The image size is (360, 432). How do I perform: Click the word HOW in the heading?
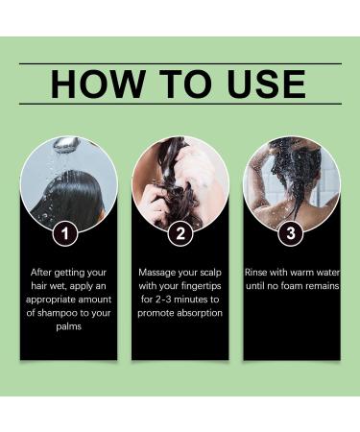click(x=98, y=84)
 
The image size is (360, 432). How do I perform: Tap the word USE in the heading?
click(x=267, y=84)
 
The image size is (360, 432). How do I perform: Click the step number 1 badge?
click(x=65, y=233)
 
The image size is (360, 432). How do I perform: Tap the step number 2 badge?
click(x=180, y=233)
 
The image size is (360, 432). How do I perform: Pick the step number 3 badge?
click(x=291, y=233)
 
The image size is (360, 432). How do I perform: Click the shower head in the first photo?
click(x=66, y=145)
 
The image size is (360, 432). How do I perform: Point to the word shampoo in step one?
click(x=58, y=313)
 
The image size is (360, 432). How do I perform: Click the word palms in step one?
click(x=69, y=326)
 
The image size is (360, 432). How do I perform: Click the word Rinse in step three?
click(x=256, y=273)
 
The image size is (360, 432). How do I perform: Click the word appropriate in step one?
click(x=51, y=300)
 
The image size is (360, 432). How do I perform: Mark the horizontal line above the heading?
click(x=180, y=64)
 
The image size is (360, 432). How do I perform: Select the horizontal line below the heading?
click(x=180, y=104)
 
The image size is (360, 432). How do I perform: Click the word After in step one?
click(x=41, y=273)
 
